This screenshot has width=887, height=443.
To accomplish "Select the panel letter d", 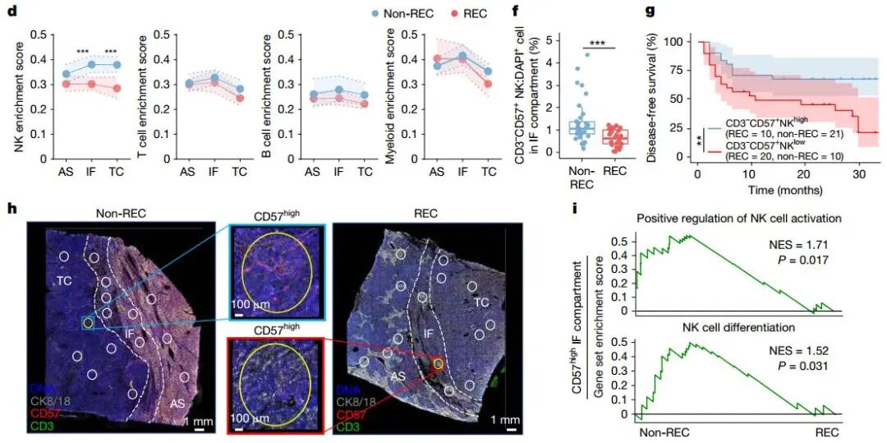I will [10, 11].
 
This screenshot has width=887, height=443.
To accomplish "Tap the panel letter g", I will [650, 11].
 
